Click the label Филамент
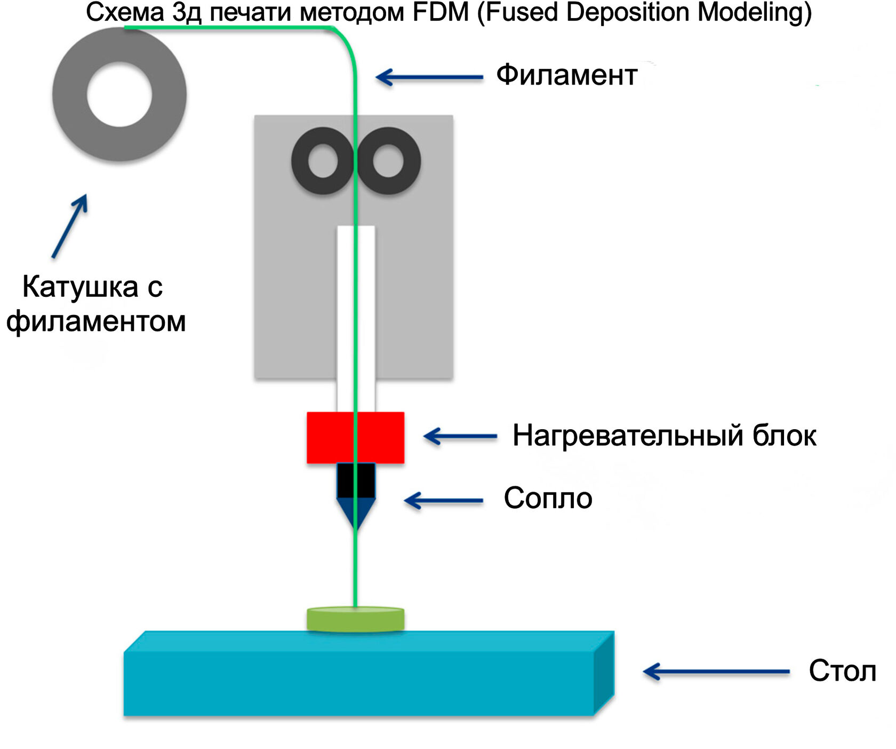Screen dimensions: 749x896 click(x=566, y=75)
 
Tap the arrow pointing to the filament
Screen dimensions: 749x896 click(x=429, y=77)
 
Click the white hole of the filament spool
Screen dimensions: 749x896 click(x=119, y=94)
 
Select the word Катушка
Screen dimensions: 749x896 click(x=81, y=287)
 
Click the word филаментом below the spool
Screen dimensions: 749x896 click(x=96, y=321)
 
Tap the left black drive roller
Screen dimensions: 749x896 click(x=323, y=161)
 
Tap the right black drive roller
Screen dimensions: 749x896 click(x=388, y=161)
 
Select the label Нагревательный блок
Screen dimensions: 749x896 click(x=664, y=436)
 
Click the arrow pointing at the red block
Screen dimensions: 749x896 click(x=460, y=436)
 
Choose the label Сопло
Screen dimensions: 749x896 click(x=548, y=498)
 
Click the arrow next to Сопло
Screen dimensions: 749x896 click(x=444, y=501)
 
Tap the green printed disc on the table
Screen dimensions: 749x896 click(x=355, y=619)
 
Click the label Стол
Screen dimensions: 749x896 click(x=842, y=671)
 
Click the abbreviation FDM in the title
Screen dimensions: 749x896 click(x=441, y=13)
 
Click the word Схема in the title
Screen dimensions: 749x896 click(x=125, y=13)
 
